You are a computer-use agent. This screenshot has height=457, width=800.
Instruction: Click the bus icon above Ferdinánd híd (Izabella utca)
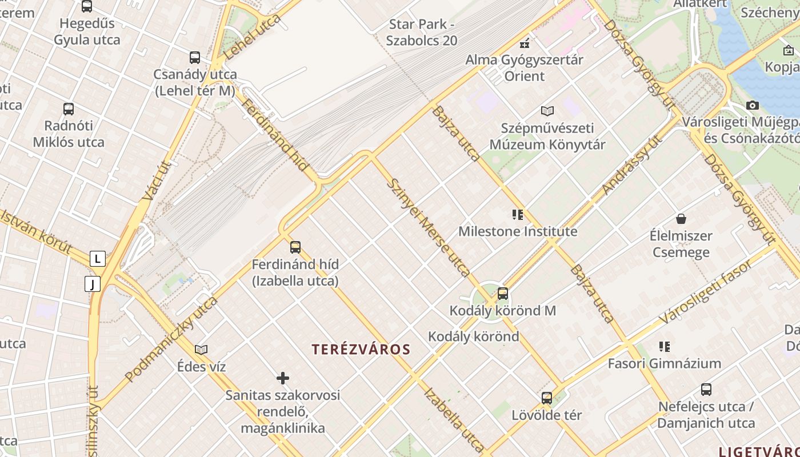[x=295, y=247]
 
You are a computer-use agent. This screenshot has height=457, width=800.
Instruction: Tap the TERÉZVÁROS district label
[x=361, y=350]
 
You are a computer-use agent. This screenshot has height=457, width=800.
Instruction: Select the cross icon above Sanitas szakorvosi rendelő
[x=283, y=378]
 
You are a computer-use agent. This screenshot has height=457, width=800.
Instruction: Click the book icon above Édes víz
[x=201, y=350]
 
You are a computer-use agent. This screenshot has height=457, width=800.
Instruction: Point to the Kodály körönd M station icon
[x=503, y=294]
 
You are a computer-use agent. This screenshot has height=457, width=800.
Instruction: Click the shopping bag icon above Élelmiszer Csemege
[x=681, y=219]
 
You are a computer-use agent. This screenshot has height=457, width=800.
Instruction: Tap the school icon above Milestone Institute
[x=518, y=215]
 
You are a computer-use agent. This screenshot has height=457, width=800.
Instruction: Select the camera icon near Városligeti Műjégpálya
[x=753, y=105]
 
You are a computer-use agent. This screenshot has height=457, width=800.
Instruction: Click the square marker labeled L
[x=98, y=259]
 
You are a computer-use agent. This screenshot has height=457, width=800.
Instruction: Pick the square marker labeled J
[x=93, y=284]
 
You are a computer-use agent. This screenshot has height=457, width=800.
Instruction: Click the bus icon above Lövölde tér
[x=547, y=398]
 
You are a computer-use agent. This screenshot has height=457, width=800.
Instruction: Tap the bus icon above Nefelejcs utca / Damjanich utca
[x=706, y=390]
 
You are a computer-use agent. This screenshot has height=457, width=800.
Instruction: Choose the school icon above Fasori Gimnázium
[x=664, y=346]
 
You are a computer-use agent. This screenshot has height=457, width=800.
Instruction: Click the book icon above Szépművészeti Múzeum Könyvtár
[x=547, y=111]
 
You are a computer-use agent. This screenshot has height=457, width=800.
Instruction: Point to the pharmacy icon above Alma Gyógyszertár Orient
[x=525, y=43]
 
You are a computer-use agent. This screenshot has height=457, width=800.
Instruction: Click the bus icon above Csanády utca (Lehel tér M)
[x=195, y=58]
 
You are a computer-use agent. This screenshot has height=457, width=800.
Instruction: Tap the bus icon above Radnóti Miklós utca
[x=69, y=109]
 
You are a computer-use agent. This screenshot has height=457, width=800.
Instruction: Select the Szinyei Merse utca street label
[x=428, y=227]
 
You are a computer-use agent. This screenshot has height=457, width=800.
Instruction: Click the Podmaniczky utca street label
[x=171, y=339]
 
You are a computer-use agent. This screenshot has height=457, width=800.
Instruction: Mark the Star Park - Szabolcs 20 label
[x=422, y=33]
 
